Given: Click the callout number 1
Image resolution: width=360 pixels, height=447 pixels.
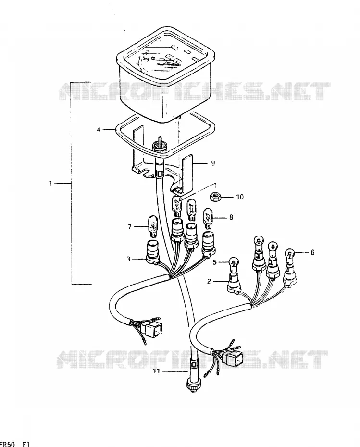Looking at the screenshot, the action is coord(50,183).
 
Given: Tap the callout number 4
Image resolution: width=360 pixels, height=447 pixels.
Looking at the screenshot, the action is coord(99,130).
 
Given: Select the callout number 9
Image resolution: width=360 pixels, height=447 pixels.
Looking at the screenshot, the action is coord(213,163).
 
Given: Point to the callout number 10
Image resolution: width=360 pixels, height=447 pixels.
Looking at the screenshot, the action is coord(240,197).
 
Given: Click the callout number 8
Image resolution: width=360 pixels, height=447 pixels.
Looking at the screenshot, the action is coord(231,217).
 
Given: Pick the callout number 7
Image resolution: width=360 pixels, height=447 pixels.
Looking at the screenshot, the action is coord(130,227).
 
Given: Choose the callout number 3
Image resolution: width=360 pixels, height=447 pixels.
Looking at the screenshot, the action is coord(128,259).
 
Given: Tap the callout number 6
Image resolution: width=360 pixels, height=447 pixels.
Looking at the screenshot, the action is coord(312,252).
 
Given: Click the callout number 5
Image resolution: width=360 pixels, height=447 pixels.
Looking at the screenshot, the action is coord(215,262).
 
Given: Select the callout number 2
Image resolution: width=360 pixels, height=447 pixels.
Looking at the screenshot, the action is coord(209,282).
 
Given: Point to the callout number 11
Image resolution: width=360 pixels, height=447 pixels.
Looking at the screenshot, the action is coord(156,371).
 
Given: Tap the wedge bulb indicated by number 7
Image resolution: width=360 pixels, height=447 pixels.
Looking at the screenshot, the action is coord(153,227).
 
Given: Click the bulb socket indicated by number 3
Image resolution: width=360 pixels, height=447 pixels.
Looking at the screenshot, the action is coord(153,252).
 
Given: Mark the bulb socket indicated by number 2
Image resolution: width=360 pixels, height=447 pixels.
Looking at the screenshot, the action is coord(234,283).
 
